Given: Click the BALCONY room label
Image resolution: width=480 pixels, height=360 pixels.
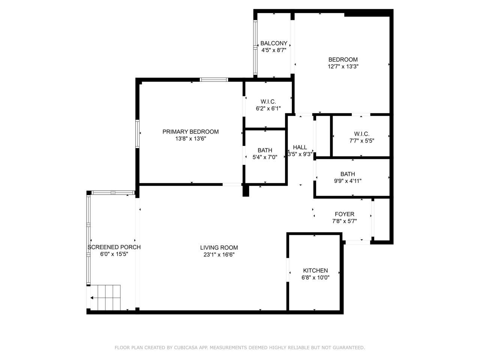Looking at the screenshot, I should coord(274,43).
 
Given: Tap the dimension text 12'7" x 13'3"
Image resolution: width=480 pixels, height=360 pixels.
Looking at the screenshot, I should coord(343,66).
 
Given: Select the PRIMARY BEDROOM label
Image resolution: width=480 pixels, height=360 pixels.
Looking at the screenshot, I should coord(190,132).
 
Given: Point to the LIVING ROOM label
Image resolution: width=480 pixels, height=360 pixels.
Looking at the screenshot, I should coord(219,247).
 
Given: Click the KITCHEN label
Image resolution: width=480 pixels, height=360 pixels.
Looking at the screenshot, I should coord(315,270).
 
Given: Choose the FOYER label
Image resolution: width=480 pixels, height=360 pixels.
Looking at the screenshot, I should coord(344,214).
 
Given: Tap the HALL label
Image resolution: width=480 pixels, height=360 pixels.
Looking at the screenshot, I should coord(300,147).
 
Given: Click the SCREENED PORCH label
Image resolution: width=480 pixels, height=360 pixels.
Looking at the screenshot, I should coord(114,247).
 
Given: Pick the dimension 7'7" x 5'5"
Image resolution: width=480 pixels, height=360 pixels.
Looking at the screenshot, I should coord(361,141).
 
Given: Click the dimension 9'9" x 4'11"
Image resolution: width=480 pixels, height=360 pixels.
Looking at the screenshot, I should coord(348,181).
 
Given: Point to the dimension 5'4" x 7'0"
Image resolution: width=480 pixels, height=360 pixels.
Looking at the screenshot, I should coord(265,157).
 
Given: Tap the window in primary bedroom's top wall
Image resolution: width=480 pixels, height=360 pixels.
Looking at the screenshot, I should coord(214,79).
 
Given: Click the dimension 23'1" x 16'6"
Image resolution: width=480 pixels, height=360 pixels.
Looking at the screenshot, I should coord(219,255).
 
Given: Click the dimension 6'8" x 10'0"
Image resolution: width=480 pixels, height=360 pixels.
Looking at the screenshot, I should coord(315,277).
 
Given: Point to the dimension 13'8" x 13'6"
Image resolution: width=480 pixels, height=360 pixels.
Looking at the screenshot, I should coord(190,138).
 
